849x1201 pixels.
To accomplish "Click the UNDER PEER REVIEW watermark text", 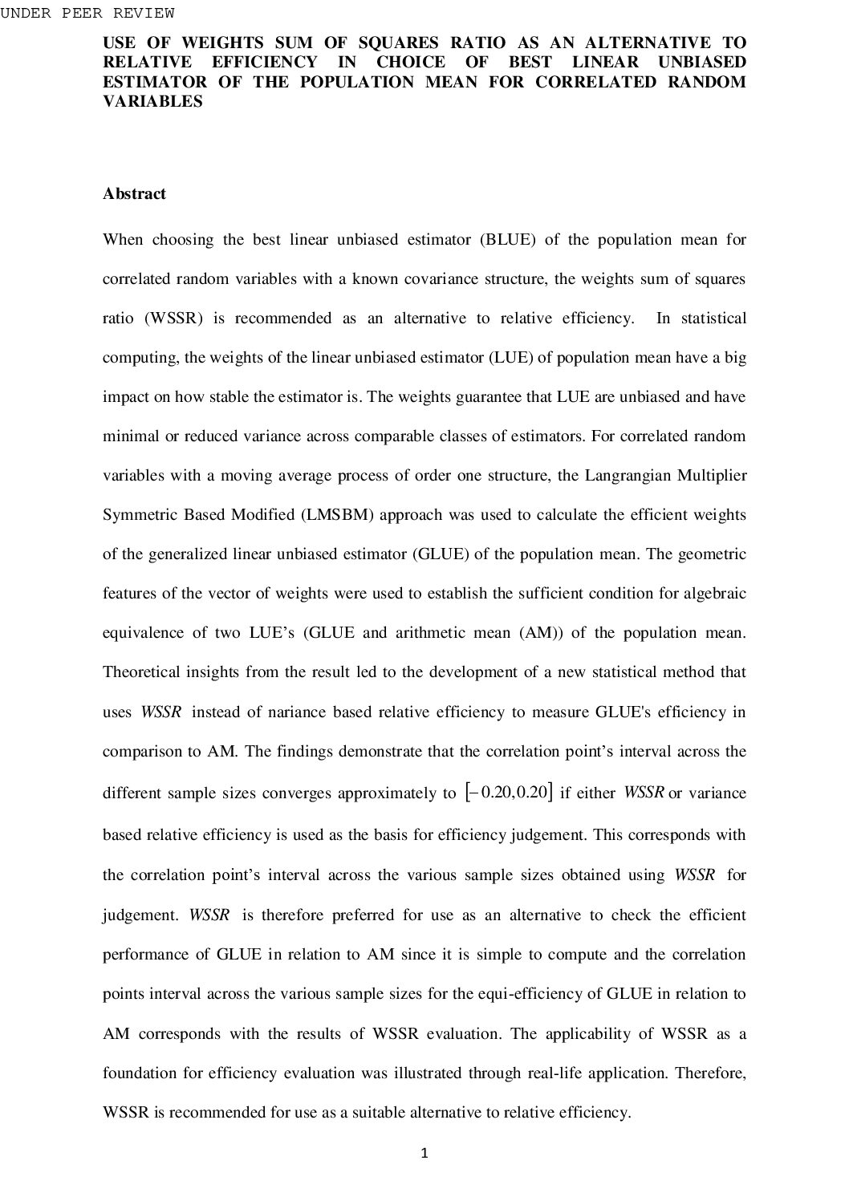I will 87,13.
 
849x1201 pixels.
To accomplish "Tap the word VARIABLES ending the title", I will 152,102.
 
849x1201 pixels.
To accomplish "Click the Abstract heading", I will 134,193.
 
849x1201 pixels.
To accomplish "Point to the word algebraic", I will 715,593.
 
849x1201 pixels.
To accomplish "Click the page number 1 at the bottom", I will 424,1154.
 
